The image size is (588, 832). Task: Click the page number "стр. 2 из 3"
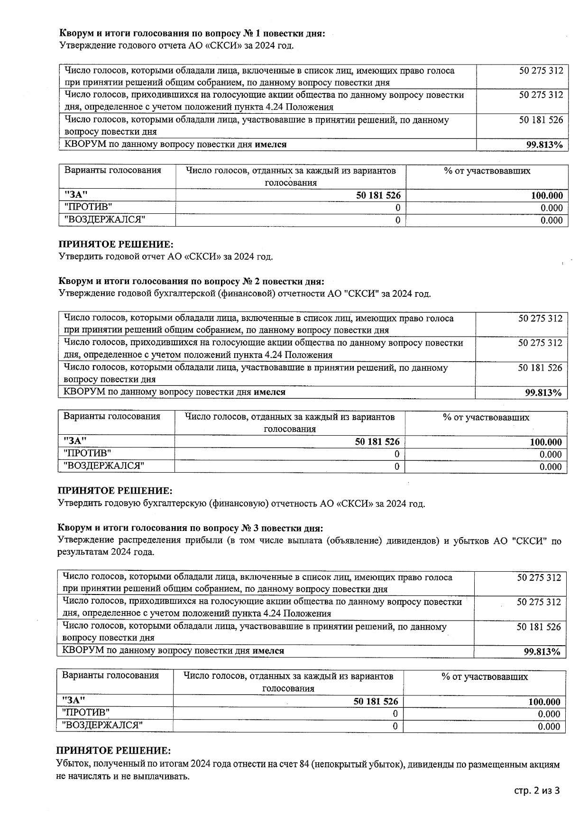[x=537, y=790]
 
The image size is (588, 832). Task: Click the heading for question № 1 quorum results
[x=192, y=34]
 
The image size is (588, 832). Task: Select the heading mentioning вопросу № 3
[x=191, y=528]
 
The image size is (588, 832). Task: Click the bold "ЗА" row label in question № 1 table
[x=76, y=195]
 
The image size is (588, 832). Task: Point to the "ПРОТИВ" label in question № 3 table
[x=86, y=713]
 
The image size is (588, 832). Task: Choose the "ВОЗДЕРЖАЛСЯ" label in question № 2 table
[x=104, y=466]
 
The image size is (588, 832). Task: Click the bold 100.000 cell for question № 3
[x=544, y=702]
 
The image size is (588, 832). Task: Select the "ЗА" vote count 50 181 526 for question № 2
[x=377, y=442]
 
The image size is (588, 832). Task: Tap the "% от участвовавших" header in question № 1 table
[x=487, y=171]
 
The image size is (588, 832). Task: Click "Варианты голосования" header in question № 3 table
[x=110, y=676]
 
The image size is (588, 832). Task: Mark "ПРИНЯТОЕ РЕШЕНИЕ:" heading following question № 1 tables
[x=116, y=245]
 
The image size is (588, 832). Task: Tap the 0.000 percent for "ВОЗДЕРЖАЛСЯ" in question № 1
[x=552, y=220]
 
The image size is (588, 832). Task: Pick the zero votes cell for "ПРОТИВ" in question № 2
[x=396, y=454]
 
